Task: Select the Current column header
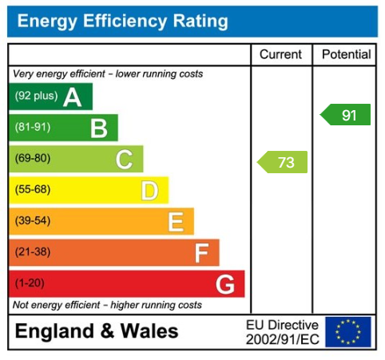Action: click(x=281, y=54)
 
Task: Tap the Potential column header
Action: click(x=347, y=54)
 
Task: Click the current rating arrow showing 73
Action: click(x=283, y=163)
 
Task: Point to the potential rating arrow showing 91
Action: click(x=346, y=115)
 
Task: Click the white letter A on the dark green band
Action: click(x=73, y=97)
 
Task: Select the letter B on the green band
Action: click(x=98, y=128)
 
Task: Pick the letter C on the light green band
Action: click(x=124, y=159)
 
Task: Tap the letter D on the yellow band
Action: click(x=149, y=190)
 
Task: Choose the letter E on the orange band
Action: click(x=176, y=221)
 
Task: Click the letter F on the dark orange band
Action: click(x=201, y=252)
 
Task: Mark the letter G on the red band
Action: click(x=225, y=283)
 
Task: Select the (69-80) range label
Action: click(x=32, y=159)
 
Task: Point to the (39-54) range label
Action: click(x=32, y=221)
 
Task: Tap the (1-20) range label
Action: click(x=30, y=283)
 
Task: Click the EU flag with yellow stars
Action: click(x=347, y=331)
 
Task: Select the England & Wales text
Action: click(x=97, y=331)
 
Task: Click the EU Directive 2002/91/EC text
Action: click(x=282, y=331)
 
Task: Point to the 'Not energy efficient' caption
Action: click(x=107, y=305)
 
